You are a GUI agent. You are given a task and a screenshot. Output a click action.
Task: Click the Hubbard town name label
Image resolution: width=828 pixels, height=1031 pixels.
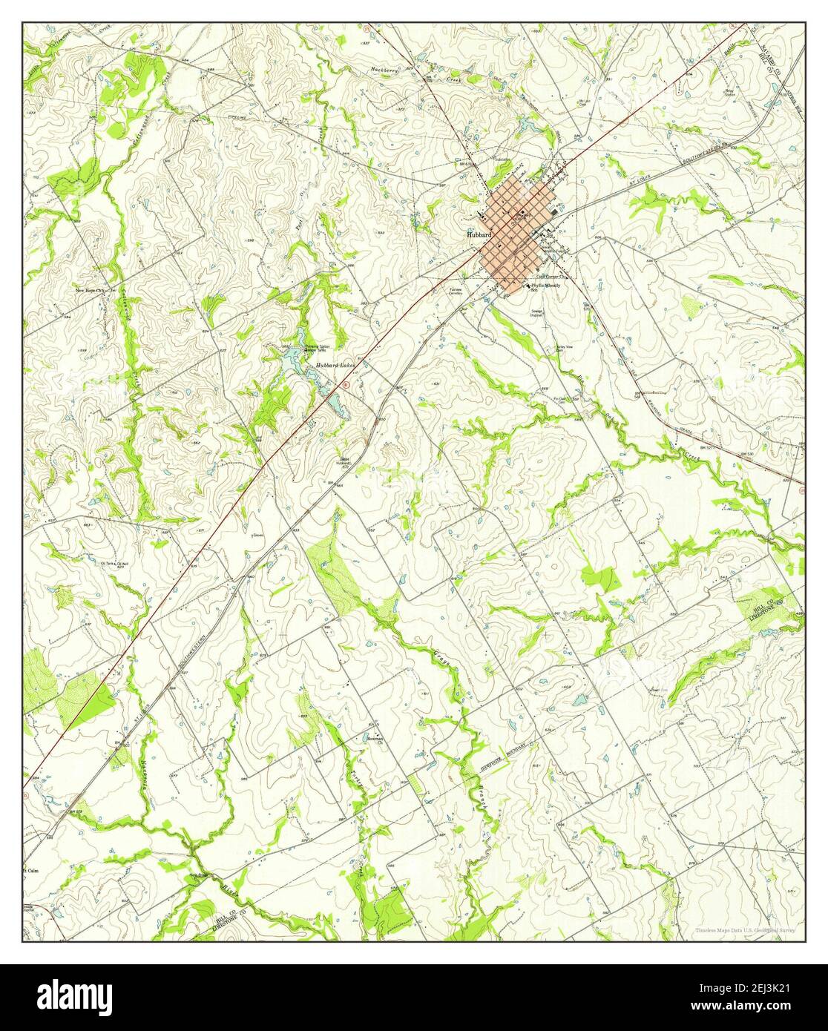[x=479, y=234]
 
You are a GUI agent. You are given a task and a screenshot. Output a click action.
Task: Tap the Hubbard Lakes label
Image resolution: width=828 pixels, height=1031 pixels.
[x=335, y=366]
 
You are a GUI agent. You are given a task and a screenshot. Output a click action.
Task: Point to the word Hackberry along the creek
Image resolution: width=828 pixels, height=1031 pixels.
[x=387, y=71]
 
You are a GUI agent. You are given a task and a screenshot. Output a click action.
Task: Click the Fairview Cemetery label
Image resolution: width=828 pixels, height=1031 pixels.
[x=456, y=291]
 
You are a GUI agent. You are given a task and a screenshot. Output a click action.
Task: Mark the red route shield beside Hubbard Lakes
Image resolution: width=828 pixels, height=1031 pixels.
[x=345, y=384]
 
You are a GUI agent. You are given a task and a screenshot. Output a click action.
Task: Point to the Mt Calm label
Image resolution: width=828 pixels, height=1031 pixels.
[x=31, y=870]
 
